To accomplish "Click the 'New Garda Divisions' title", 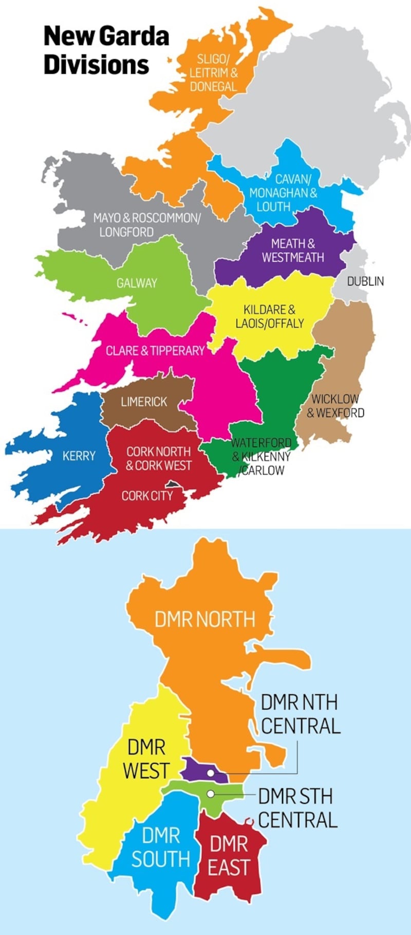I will coord(106,51).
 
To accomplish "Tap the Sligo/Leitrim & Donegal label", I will coord(213,73).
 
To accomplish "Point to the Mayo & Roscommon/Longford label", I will coord(146,225).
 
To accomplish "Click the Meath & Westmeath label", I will coord(293,250).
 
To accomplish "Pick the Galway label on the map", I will coord(137,283).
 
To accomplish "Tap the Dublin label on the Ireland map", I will coord(365,281).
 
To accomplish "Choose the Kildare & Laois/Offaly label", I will coord(270,317).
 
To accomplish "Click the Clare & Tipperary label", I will coord(155,351).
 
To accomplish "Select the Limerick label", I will coord(144,402).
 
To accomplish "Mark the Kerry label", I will coord(79,456).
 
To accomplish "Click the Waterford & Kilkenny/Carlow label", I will coord(261,456).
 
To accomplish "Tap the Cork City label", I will coord(147,496).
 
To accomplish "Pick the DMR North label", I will coord(204,619).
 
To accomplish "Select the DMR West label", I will coord(146,759).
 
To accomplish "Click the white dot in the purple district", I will coord(211,773).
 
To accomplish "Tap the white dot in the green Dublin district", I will coord(211,794).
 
